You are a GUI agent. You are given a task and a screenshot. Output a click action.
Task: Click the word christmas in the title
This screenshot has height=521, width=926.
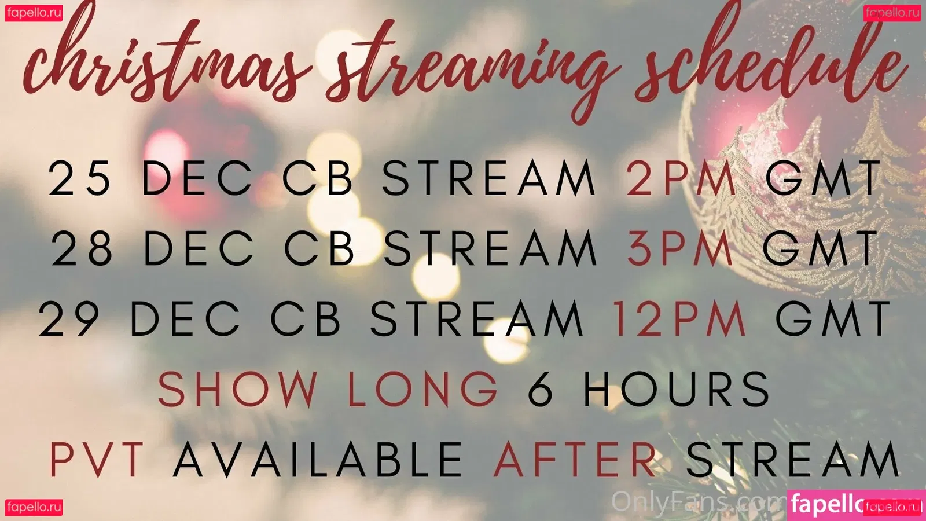pyautogui.click(x=166, y=58)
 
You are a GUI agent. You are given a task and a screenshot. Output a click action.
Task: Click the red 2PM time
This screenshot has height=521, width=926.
pyautogui.click(x=681, y=178)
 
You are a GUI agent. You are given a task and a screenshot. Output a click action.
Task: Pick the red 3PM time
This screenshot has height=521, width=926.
pyautogui.click(x=681, y=248)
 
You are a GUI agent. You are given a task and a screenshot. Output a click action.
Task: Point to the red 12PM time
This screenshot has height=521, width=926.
pyautogui.click(x=679, y=318)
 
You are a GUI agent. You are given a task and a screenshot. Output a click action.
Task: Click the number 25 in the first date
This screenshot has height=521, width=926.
pyautogui.click(x=79, y=178)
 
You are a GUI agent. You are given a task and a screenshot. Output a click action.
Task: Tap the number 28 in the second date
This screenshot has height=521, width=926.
pyautogui.click(x=82, y=248)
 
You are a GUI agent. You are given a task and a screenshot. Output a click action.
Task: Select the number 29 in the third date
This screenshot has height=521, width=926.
pyautogui.click(x=69, y=318)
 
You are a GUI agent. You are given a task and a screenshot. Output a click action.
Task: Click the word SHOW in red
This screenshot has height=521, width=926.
pyautogui.click(x=238, y=388)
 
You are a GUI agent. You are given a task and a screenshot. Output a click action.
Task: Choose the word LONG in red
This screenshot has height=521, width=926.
pyautogui.click(x=423, y=388)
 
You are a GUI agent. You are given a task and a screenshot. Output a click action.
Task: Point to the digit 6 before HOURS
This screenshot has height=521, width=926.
pyautogui.click(x=541, y=388)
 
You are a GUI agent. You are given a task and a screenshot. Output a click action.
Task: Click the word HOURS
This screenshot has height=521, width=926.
pyautogui.click(x=677, y=388)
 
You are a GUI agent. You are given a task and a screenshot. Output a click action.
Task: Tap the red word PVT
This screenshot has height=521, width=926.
pyautogui.click(x=97, y=459)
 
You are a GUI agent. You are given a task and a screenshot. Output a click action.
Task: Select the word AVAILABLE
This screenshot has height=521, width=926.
pyautogui.click(x=318, y=459)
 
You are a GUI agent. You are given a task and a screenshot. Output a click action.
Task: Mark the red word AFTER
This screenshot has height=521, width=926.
pyautogui.click(x=575, y=459)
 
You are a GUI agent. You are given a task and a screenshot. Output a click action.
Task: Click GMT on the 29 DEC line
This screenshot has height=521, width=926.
pyautogui.click(x=833, y=318)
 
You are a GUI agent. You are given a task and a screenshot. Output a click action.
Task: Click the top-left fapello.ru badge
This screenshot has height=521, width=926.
pyautogui.click(x=34, y=13)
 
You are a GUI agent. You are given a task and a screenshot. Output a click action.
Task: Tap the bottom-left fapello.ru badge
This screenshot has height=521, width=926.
pyautogui.click(x=34, y=507)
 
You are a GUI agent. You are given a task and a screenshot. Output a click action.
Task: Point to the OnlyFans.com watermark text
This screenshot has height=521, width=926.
pyautogui.click(x=699, y=502)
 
